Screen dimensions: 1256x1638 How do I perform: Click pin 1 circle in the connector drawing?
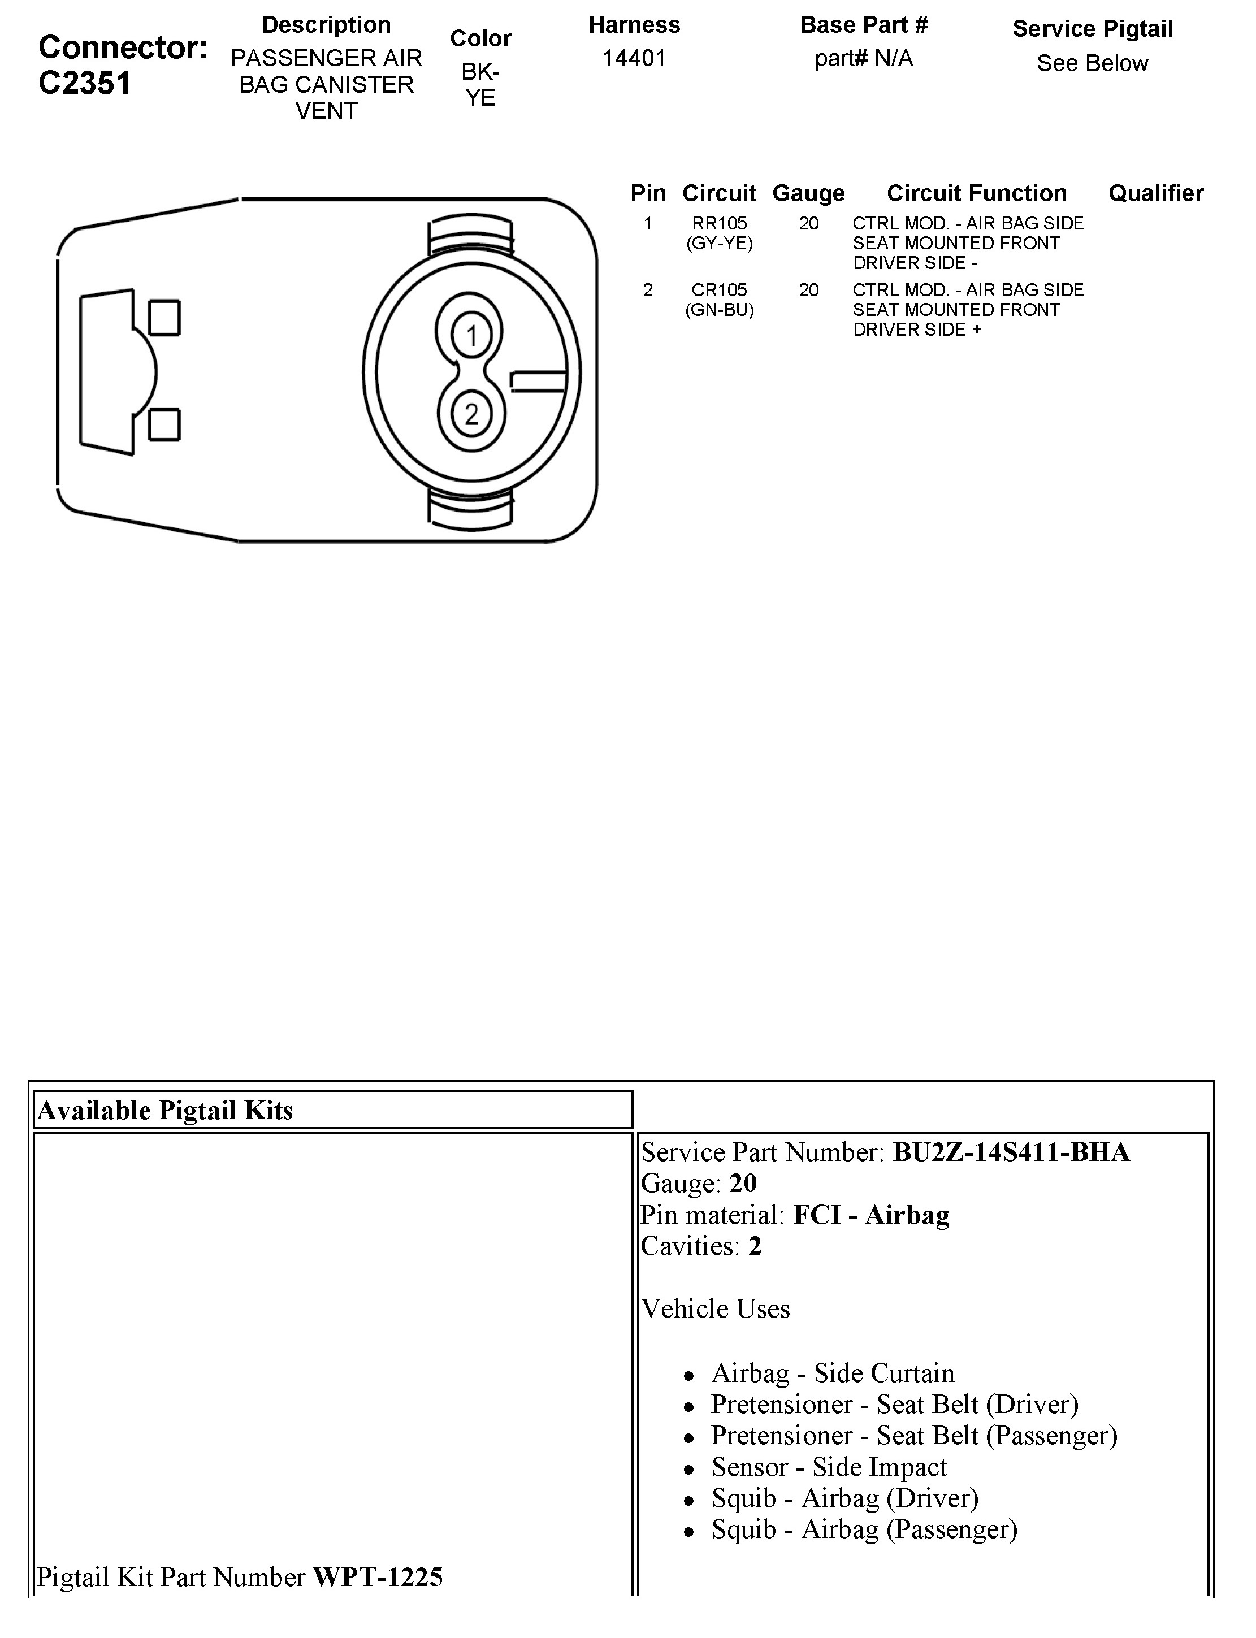click(x=471, y=336)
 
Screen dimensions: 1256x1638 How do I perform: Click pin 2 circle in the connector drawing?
click(x=471, y=413)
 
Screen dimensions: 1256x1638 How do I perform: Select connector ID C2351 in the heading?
click(x=84, y=83)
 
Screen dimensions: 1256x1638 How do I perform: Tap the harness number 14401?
click(x=634, y=58)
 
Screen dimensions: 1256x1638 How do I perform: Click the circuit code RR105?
click(x=719, y=223)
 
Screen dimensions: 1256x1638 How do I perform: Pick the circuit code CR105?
click(x=719, y=290)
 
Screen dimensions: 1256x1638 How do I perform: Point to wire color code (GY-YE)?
click(x=719, y=243)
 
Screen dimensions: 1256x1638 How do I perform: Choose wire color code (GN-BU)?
click(x=719, y=310)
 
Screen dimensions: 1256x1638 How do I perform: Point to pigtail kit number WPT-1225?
click(x=378, y=1577)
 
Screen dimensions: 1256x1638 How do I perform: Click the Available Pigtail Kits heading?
click(x=165, y=1110)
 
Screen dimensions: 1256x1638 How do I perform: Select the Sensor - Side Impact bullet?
click(x=828, y=1467)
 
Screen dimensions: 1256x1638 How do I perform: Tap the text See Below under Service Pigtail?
click(x=1092, y=63)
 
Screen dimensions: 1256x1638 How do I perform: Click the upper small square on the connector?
click(x=164, y=318)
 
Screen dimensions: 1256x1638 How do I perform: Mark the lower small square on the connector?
click(x=164, y=424)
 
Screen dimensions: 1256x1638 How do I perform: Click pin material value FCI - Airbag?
click(x=871, y=1215)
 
